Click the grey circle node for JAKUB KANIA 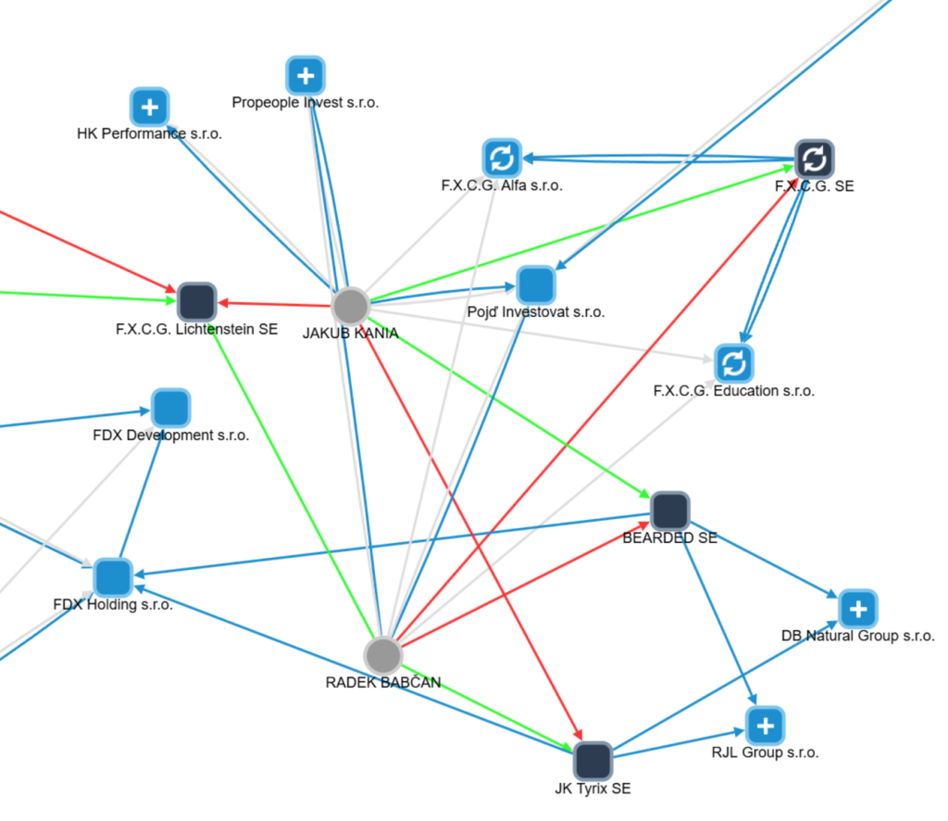[x=351, y=305]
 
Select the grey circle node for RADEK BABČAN [x=382, y=655]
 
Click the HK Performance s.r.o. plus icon [x=149, y=107]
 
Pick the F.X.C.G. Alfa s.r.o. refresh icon [x=502, y=158]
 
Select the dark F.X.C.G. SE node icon [x=815, y=159]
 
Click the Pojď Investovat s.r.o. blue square [x=535, y=284]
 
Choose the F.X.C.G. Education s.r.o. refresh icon [x=733, y=363]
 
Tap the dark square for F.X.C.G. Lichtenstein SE [x=196, y=302]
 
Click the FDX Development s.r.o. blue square [x=170, y=409]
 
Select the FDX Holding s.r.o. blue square [x=113, y=577]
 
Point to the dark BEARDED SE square [x=669, y=512]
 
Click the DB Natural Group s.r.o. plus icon [x=858, y=609]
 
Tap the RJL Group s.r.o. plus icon [x=765, y=726]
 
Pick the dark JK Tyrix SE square [x=592, y=761]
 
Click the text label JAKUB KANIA [x=350, y=334]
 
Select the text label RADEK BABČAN [x=382, y=683]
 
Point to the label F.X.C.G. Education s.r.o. [x=733, y=391]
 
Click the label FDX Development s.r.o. [x=170, y=436]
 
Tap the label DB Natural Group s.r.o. [x=857, y=636]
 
